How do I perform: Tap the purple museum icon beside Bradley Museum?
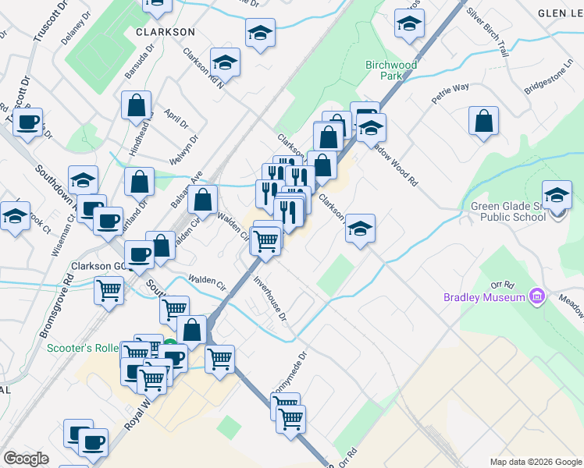536,296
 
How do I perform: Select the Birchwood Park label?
391,70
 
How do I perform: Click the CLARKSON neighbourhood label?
165,32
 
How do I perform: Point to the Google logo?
26,459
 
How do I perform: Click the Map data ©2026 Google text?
536,462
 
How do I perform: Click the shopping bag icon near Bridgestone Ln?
484,121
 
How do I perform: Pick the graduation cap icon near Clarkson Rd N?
225,62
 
